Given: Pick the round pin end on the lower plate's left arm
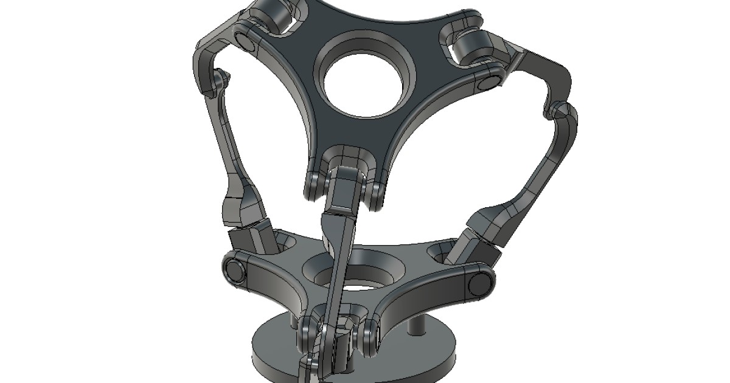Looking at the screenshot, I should (x=234, y=271).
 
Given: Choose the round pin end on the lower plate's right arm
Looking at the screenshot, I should (x=480, y=282).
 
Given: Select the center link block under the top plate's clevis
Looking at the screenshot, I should (x=344, y=191).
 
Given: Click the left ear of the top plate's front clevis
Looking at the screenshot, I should (x=313, y=186).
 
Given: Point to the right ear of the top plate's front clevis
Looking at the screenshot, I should (x=376, y=193).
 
